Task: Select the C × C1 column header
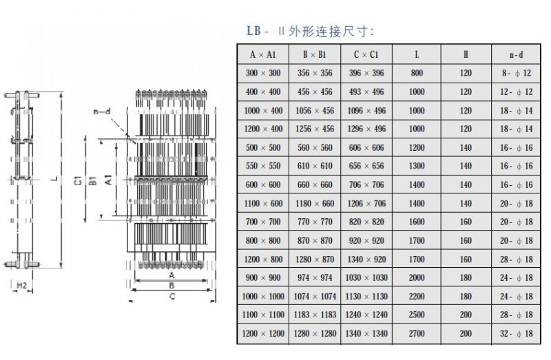(366, 54)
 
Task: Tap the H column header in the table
(466, 54)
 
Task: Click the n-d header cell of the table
(516, 54)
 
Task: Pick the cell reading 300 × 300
(263, 73)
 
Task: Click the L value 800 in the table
(417, 73)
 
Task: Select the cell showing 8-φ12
(516, 73)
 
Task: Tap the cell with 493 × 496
(366, 92)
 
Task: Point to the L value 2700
(417, 334)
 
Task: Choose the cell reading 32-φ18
(516, 334)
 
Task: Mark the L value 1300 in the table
(417, 166)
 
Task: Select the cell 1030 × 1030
(366, 277)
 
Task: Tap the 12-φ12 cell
(516, 92)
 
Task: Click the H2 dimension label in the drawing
(22, 284)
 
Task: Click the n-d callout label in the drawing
(101, 111)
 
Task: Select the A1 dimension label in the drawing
(108, 180)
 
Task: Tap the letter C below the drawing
(172, 297)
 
